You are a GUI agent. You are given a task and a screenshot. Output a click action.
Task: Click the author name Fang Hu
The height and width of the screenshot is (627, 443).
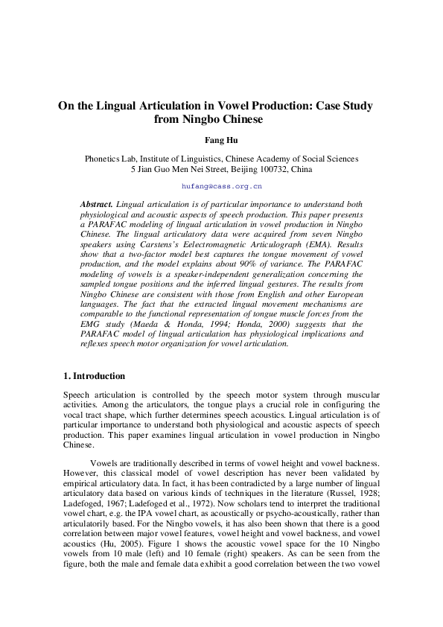pyautogui.click(x=221, y=139)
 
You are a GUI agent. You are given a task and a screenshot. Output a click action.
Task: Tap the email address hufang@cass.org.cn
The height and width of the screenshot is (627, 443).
pyautogui.click(x=221, y=185)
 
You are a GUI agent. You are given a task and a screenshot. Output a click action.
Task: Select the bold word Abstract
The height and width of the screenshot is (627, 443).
pyautogui.click(x=96, y=204)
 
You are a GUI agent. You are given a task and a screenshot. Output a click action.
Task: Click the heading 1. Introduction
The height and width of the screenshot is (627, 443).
pyautogui.click(x=94, y=376)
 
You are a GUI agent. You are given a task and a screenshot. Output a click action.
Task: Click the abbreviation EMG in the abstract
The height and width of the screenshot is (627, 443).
pyautogui.click(x=92, y=313)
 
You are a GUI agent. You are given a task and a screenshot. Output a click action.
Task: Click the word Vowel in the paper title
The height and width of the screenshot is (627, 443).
pyautogui.click(x=232, y=105)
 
